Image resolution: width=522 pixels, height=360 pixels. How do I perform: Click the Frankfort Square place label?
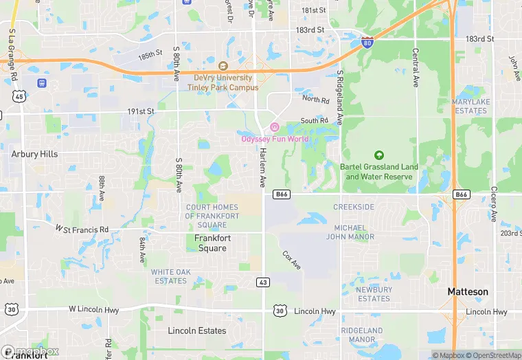212,243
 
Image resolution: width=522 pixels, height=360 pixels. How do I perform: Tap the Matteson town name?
468,291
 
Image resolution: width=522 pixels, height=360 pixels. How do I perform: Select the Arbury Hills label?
34,154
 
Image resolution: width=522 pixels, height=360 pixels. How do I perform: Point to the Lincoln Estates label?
197,330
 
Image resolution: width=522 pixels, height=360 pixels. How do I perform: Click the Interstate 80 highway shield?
367,43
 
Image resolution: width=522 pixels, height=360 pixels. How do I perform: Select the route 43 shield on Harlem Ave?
263,282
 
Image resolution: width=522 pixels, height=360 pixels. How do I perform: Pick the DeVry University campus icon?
223,66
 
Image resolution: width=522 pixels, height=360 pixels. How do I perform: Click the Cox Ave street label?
292,259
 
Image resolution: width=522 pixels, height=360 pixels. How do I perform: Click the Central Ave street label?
415,67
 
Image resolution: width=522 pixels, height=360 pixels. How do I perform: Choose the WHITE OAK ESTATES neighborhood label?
170,276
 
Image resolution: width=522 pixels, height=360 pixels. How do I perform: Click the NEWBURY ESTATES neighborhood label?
374,294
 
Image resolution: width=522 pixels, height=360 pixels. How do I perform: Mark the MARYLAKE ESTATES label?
470,106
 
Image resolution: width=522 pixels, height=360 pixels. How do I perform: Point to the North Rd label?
316,100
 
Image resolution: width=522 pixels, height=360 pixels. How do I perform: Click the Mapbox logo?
30,350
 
